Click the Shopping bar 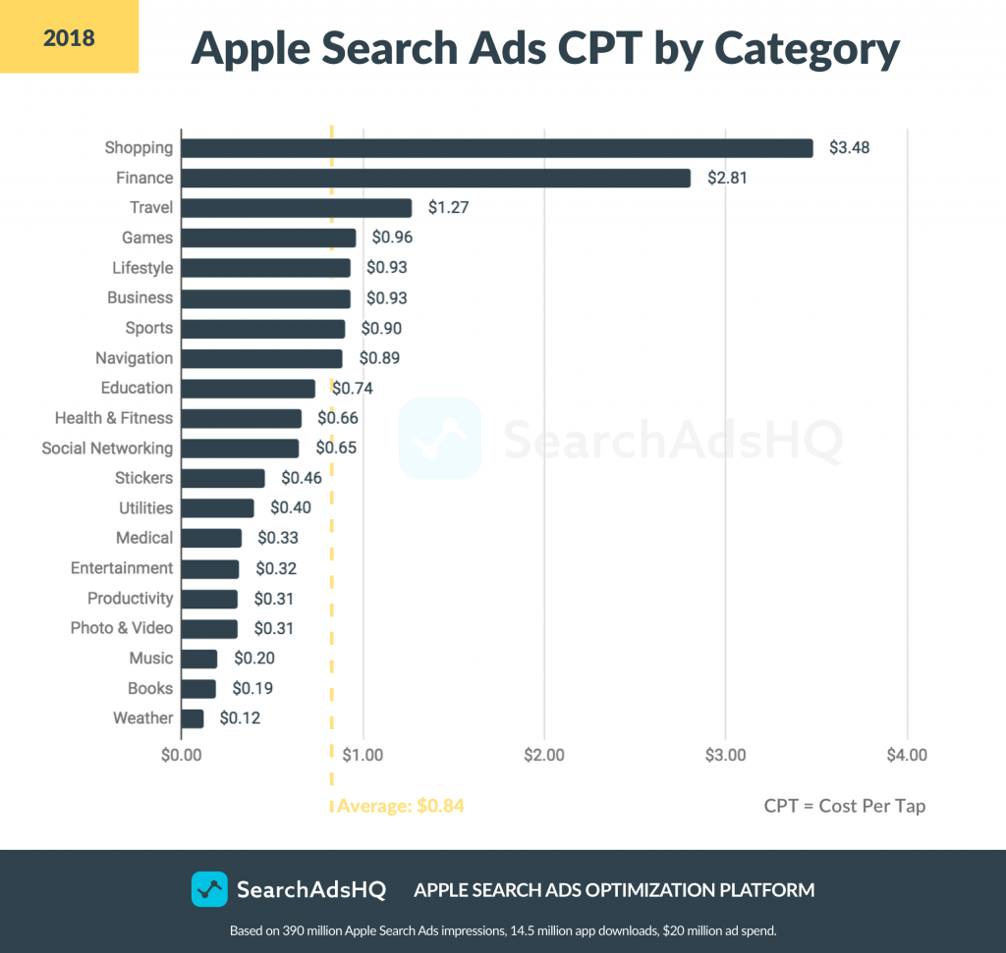tap(497, 148)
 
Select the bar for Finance tap(435, 178)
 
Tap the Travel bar tap(296, 208)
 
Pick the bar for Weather tap(193, 718)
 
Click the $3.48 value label tap(849, 148)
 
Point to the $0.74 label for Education tap(353, 389)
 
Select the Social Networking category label tap(107, 449)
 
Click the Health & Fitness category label tap(114, 418)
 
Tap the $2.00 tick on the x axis tap(544, 756)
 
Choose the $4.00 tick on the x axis tap(907, 756)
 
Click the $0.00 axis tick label tap(182, 756)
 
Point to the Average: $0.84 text tap(400, 806)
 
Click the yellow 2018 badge tap(69, 38)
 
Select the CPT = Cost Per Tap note tap(844, 806)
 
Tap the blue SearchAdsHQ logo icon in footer tap(209, 890)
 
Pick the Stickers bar tap(223, 479)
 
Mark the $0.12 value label tap(240, 718)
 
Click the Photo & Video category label tap(122, 628)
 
